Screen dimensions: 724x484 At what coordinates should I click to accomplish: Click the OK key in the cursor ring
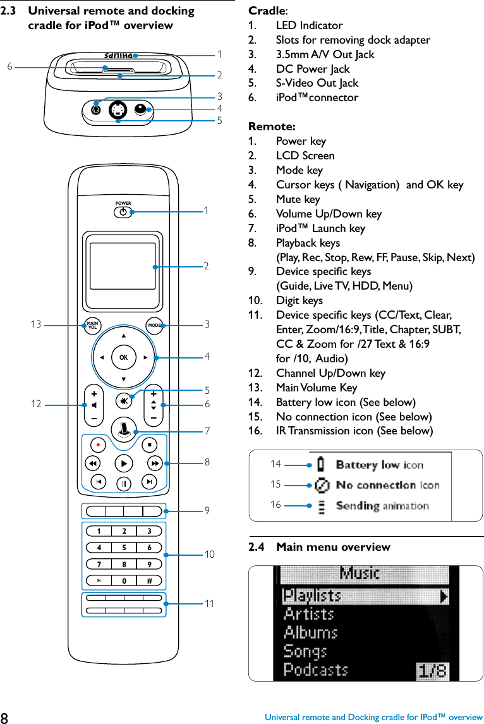tap(123, 357)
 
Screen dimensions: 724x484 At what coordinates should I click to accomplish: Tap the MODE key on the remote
tap(154, 326)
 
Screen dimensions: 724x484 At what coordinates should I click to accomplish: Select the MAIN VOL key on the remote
tap(92, 326)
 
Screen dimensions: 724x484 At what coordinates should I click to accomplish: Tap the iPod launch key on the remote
tap(124, 428)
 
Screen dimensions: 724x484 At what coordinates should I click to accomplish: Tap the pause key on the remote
tap(124, 484)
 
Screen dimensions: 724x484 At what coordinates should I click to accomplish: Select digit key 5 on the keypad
tap(124, 548)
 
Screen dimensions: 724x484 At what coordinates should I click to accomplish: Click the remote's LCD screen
tap(123, 266)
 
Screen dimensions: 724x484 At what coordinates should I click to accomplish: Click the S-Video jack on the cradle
tap(117, 111)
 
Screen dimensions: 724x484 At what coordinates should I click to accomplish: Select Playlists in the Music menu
tap(312, 596)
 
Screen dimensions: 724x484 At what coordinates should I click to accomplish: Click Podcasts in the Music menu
tap(315, 669)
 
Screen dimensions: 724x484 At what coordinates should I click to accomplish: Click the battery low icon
tap(322, 465)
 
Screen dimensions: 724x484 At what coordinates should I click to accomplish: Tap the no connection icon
tap(322, 485)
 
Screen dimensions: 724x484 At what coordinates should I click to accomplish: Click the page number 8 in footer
tap(5, 717)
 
